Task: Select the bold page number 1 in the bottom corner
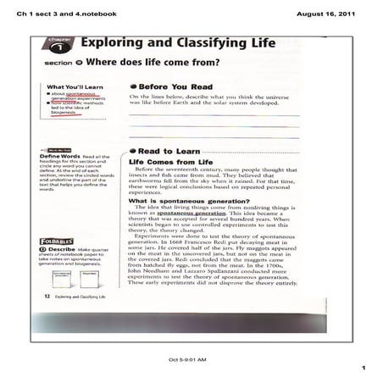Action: point(362,369)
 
